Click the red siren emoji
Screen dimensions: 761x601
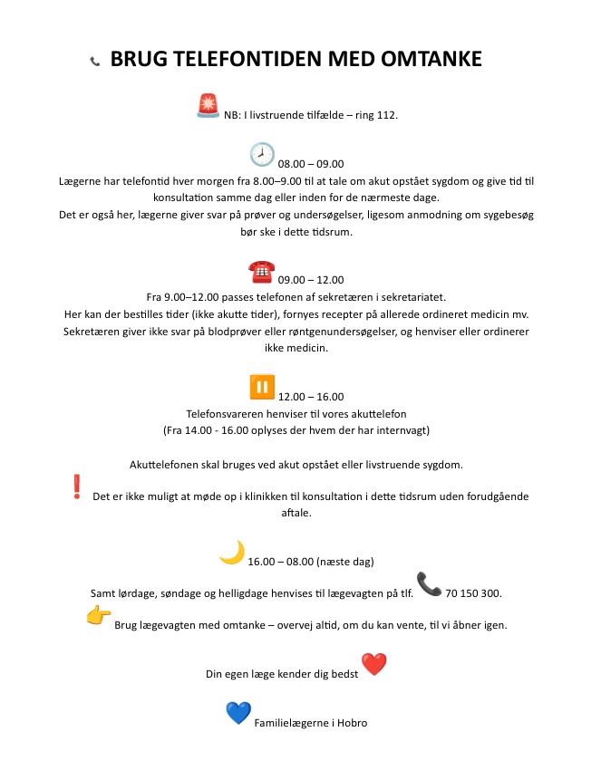click(x=208, y=105)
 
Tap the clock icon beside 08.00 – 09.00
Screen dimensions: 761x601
click(x=262, y=154)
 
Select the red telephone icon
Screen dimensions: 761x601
click(x=261, y=270)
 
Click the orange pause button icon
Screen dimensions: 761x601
click(x=262, y=387)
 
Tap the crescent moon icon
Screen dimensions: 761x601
click(x=232, y=553)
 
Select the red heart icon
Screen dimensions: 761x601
click(x=373, y=665)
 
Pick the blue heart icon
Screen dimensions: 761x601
click(x=237, y=714)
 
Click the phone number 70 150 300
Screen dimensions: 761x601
click(x=473, y=593)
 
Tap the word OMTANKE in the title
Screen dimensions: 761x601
click(x=419, y=60)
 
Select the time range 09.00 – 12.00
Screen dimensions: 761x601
click(x=311, y=280)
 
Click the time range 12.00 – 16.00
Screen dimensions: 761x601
click(x=311, y=397)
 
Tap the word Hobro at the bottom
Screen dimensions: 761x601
click(x=351, y=723)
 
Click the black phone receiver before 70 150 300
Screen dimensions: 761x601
click(x=428, y=584)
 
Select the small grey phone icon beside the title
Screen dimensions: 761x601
click(x=94, y=62)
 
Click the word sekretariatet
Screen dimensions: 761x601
click(x=420, y=297)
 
